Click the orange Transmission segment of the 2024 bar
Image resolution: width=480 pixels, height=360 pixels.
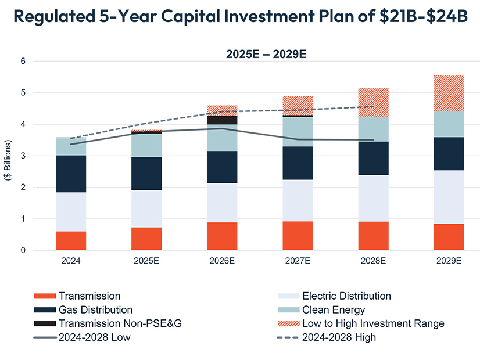[x=71, y=241]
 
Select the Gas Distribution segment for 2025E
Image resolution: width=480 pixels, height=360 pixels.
[x=146, y=174]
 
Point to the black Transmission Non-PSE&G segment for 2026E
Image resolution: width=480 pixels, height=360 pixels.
[x=223, y=120]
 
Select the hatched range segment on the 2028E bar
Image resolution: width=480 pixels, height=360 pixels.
[x=374, y=102]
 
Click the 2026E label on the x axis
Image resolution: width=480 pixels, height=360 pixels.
[x=223, y=261]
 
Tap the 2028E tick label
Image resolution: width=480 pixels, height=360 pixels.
[x=374, y=261]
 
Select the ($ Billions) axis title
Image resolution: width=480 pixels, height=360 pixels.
[x=9, y=160]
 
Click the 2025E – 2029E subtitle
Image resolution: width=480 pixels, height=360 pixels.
[x=266, y=55]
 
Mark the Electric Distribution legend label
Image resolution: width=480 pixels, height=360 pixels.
[x=346, y=296]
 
